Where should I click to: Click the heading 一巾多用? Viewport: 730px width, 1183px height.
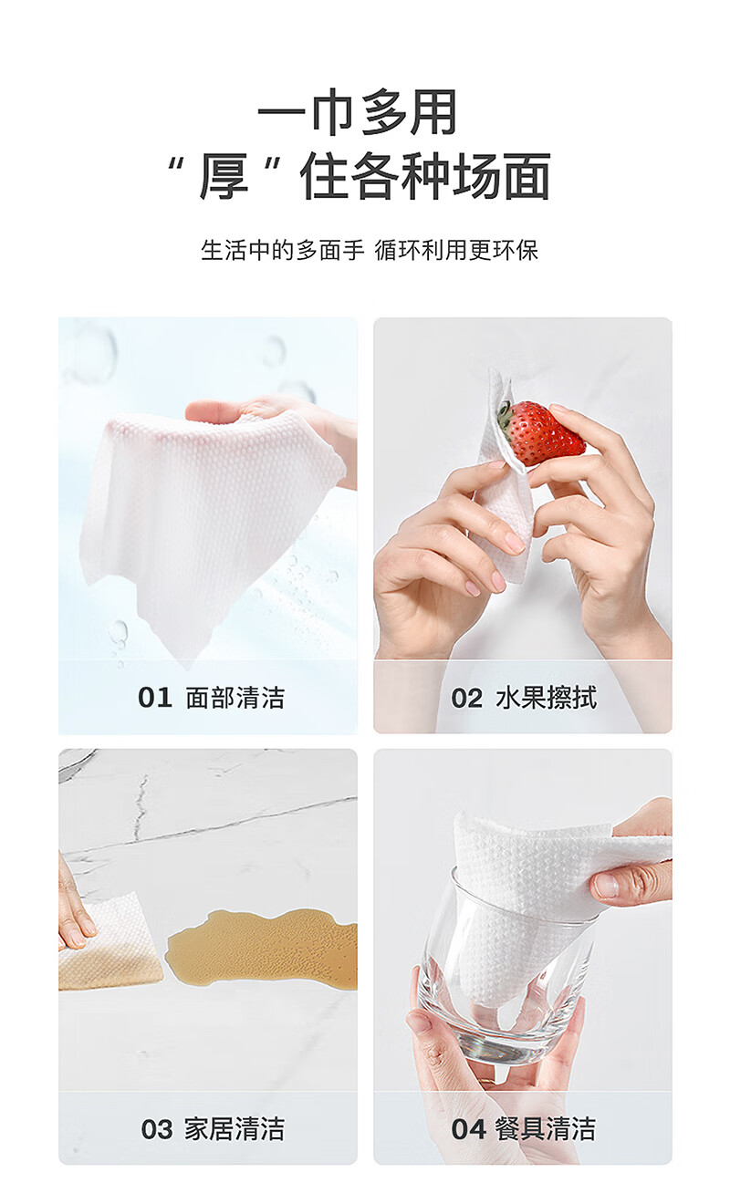(x=358, y=112)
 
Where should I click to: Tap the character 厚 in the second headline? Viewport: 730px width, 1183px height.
(x=224, y=176)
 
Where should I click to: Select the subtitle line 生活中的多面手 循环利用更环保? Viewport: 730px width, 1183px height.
(x=370, y=250)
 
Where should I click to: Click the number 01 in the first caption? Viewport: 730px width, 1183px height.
(x=155, y=698)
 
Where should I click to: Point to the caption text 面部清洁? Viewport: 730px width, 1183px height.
(x=235, y=698)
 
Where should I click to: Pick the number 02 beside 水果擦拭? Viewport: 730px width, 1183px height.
(x=466, y=698)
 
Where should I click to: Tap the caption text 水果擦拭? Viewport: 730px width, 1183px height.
(x=547, y=698)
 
